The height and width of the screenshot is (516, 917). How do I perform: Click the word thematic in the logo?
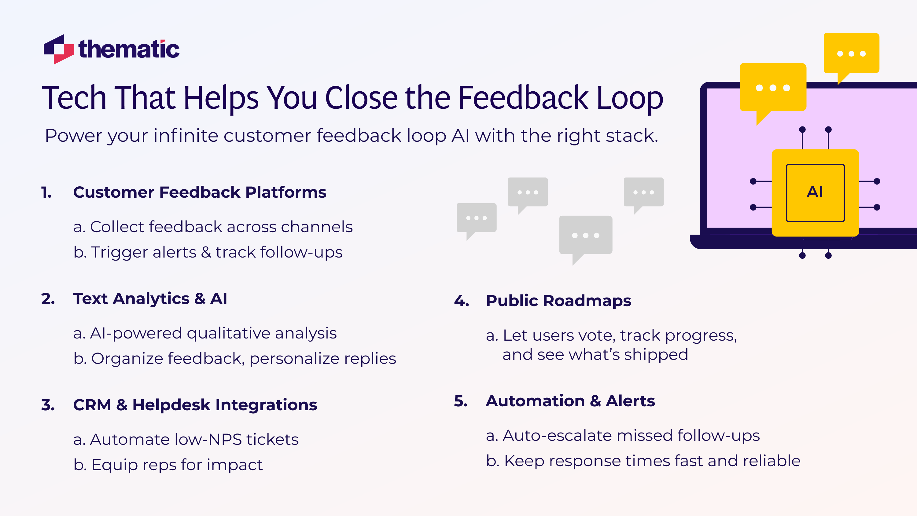[x=129, y=49]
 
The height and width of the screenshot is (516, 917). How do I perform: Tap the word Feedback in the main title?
[x=523, y=98]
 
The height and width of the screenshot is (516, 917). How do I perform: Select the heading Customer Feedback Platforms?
[x=199, y=192]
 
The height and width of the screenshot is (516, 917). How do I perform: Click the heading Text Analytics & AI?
[x=150, y=298]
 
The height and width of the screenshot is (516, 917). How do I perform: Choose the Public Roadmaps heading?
[x=558, y=301]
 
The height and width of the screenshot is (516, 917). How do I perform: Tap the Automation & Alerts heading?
[x=570, y=401]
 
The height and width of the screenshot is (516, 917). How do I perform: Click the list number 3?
[x=48, y=405]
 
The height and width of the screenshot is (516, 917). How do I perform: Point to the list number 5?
[x=461, y=401]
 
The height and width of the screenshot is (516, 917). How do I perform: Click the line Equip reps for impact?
[x=168, y=465]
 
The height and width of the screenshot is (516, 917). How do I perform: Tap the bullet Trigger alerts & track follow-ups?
[x=208, y=252]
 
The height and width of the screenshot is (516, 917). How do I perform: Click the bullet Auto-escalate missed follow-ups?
[x=623, y=436]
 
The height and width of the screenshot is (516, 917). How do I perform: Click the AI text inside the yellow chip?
[x=815, y=192]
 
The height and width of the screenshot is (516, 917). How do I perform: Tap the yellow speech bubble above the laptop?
[x=851, y=53]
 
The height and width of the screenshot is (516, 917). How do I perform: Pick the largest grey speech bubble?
[x=586, y=235]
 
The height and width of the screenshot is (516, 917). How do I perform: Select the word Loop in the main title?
[x=630, y=98]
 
